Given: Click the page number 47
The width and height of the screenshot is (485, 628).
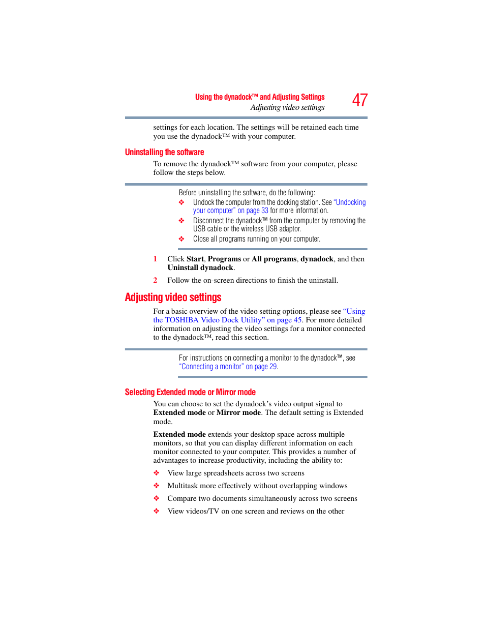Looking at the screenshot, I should click(x=359, y=100).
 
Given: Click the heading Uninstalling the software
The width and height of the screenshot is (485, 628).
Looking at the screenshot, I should click(x=164, y=152).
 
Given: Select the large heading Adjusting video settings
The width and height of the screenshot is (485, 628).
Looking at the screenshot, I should click(x=173, y=297).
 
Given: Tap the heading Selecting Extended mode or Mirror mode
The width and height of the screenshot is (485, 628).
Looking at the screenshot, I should click(x=190, y=392).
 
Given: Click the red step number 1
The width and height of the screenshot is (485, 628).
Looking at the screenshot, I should click(x=156, y=259).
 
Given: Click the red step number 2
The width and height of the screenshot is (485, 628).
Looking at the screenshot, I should click(x=156, y=280).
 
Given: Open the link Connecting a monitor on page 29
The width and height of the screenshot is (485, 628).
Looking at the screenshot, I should click(x=228, y=367).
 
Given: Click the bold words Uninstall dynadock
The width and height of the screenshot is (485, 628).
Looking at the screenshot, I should click(x=200, y=267).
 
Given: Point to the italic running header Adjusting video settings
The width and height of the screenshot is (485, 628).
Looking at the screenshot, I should click(x=287, y=107).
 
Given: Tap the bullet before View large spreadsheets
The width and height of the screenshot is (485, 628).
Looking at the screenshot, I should click(x=157, y=473).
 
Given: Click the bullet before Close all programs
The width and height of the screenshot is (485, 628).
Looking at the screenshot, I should click(x=181, y=239).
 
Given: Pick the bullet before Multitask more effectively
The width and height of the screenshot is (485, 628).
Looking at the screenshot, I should click(x=157, y=486).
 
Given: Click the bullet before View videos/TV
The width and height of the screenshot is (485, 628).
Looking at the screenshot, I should click(x=157, y=511).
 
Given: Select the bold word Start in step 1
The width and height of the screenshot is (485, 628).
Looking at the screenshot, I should click(x=195, y=259).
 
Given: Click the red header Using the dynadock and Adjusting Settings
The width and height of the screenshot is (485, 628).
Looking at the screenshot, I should click(x=260, y=97).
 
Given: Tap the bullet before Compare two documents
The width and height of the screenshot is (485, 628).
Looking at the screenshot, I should click(x=157, y=498).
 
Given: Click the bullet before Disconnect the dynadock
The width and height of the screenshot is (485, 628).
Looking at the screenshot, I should click(x=181, y=221).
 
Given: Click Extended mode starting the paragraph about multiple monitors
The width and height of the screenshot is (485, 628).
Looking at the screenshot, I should click(x=179, y=434).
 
